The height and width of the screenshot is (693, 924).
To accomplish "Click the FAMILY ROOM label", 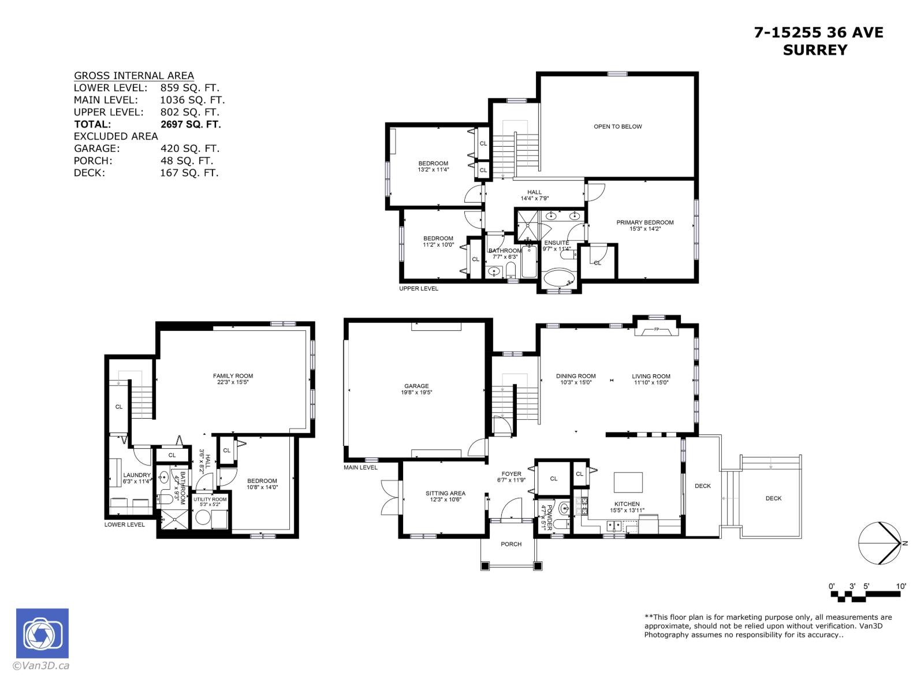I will coord(233,376).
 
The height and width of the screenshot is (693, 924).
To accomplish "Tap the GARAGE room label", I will coord(416,386).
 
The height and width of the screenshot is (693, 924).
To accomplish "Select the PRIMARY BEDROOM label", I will coord(644,222).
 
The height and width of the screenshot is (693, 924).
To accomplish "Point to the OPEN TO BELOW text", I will coord(617,126).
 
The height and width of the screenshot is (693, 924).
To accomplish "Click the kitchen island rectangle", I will coord(628,480).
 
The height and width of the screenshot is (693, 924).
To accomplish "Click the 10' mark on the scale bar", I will coord(900,586).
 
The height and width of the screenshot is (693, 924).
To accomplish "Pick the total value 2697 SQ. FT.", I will coord(190,124).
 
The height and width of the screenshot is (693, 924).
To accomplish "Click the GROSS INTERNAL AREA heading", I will coord(133,76).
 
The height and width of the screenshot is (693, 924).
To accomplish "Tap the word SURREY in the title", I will coord(815,50).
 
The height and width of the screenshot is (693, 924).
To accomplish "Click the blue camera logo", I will coord(42,633).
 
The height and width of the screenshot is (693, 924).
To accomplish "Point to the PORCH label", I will coord(511,544).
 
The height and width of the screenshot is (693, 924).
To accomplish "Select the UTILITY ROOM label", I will coord(210,499).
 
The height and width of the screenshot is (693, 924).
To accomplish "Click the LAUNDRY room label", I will coord(137,475).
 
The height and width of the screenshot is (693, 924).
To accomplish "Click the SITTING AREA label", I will coord(445,493).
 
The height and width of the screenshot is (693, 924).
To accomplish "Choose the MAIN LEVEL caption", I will coord(360,467).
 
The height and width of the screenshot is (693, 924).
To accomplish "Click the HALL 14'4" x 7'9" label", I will coord(534,192).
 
